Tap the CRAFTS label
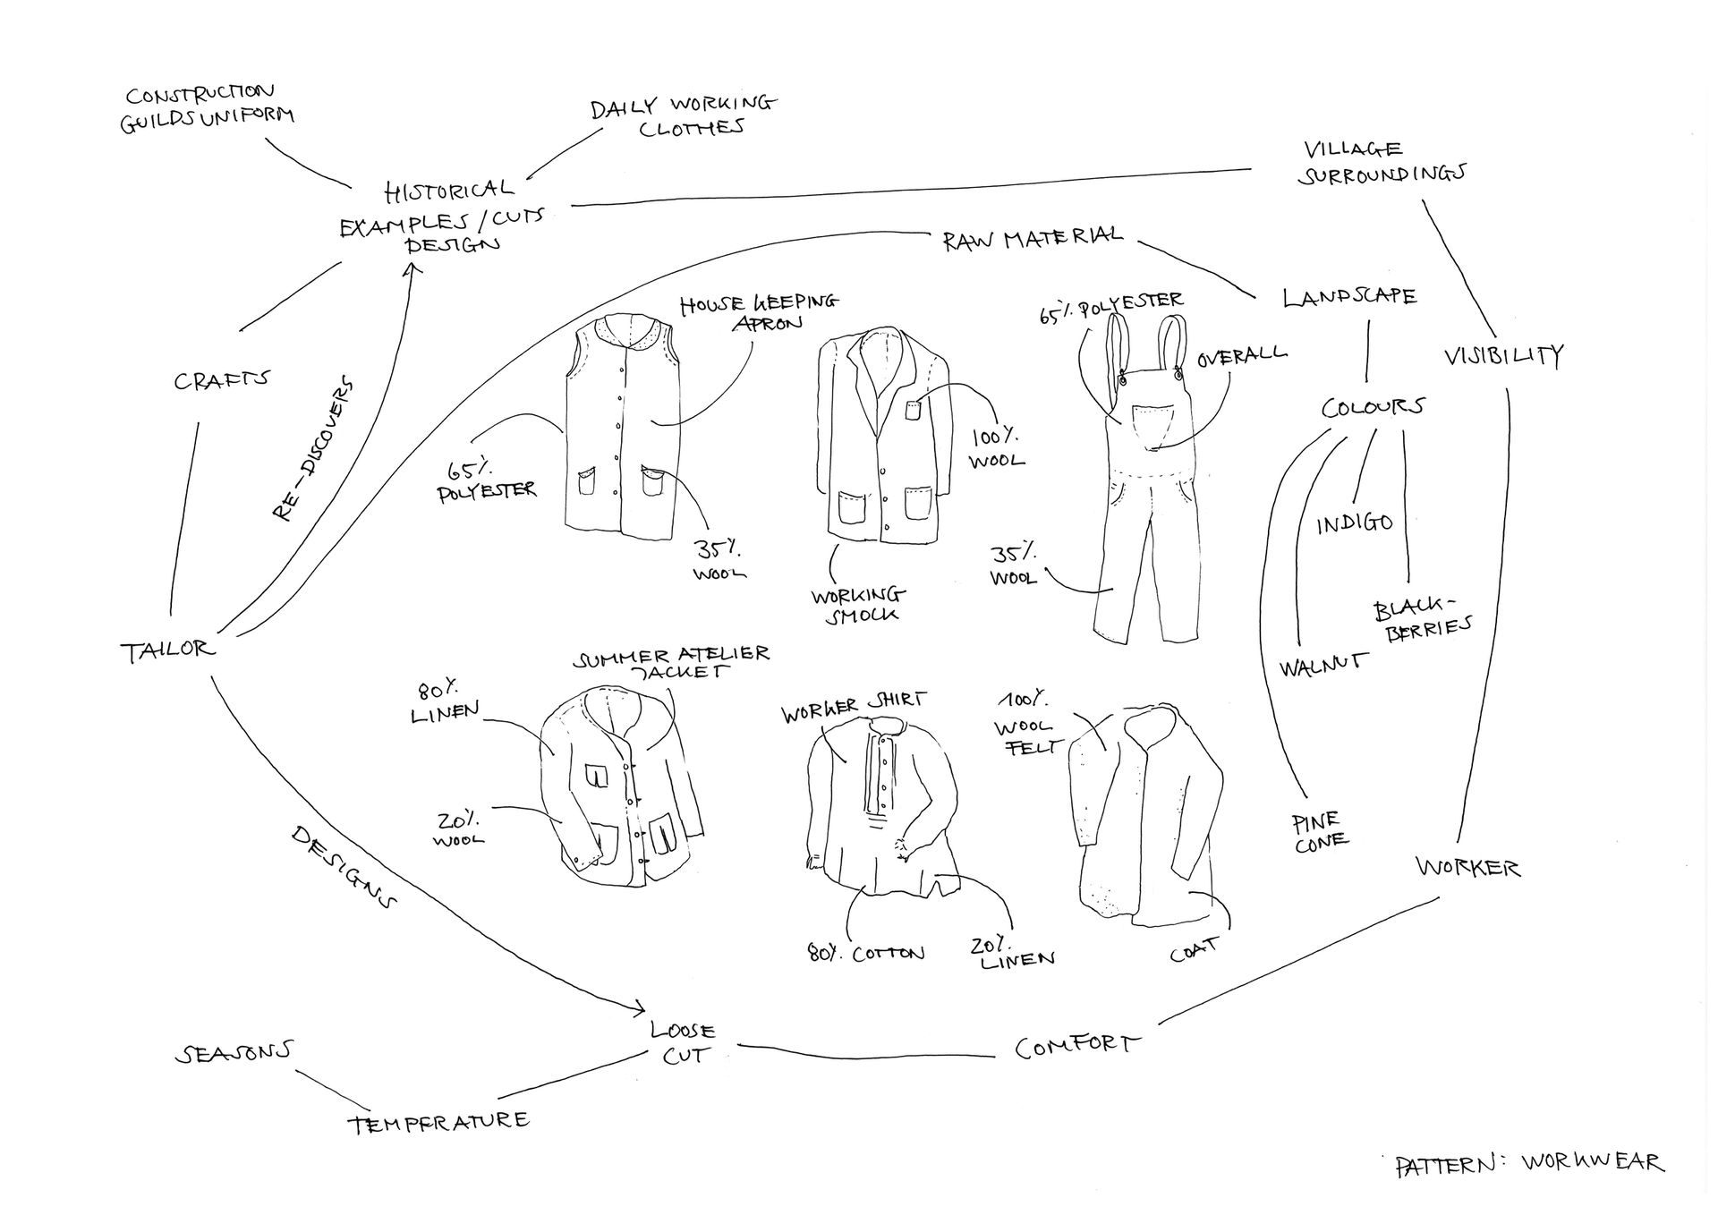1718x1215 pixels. point(221,380)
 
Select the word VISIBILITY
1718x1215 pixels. point(1503,356)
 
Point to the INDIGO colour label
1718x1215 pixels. point(1354,523)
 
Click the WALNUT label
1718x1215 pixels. point(1323,665)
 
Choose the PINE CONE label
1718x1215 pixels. point(1319,831)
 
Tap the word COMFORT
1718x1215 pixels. point(1077,1046)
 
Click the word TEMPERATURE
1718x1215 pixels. point(438,1122)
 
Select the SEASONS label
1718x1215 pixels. point(234,1053)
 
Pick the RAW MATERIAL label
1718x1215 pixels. point(1032,239)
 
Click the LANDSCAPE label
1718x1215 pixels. point(1349,297)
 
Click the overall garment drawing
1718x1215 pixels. point(1145,501)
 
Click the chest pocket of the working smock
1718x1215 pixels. point(913,411)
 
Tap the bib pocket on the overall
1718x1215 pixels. point(1154,425)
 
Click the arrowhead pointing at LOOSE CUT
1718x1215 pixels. point(639,1008)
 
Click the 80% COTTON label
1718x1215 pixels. point(865,953)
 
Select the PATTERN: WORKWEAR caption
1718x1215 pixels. point(1528,1163)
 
